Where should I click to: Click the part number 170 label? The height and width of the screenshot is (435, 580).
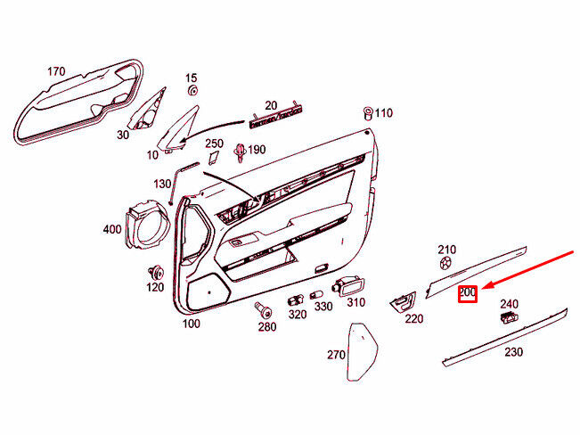pos(56,71)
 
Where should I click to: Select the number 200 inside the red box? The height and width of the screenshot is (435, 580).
pos(468,292)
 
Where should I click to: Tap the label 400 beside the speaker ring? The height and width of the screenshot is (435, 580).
pos(112,229)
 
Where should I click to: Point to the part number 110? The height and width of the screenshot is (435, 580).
pos(383,113)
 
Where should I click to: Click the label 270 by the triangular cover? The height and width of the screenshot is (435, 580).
pos(335,355)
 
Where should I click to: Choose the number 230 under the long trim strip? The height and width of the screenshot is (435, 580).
pos(513,352)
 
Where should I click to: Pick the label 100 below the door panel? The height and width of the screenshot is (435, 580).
pos(191,324)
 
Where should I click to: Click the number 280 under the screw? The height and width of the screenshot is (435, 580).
pos(267,327)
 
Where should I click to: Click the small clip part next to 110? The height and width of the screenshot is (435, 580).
pos(367,112)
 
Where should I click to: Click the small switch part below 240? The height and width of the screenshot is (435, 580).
pos(509,317)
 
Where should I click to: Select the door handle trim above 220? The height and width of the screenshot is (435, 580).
pos(403,300)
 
